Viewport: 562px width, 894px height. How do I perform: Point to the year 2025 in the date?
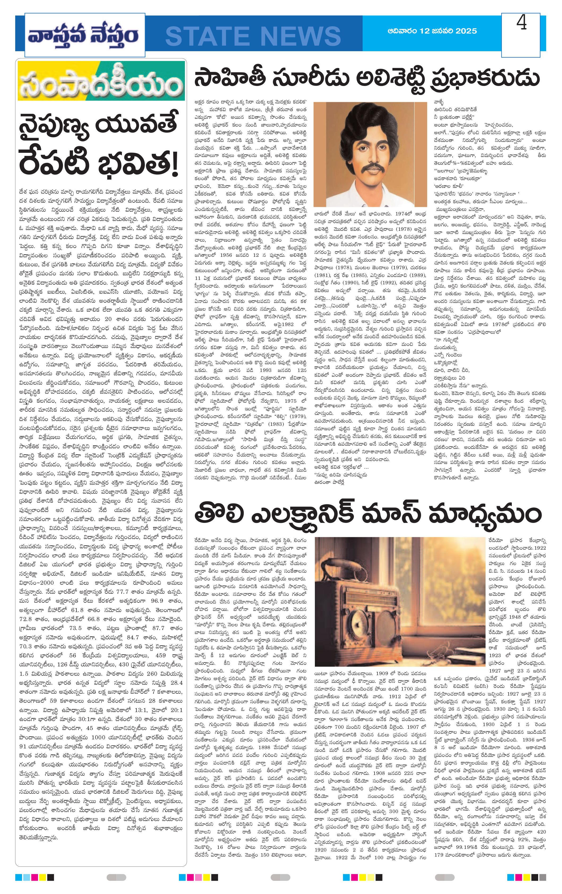click(x=464, y=31)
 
